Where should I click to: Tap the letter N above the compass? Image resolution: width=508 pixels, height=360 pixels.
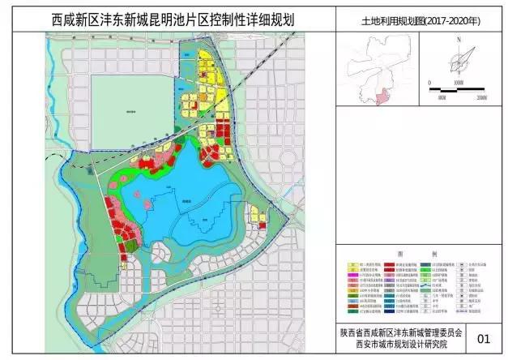click(x=459, y=39)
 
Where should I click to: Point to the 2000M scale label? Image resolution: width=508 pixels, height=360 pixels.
click(x=486, y=96)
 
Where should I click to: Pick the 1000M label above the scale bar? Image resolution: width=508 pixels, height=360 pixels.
click(x=458, y=82)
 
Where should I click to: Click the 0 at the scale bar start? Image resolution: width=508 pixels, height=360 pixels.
click(x=429, y=82)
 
